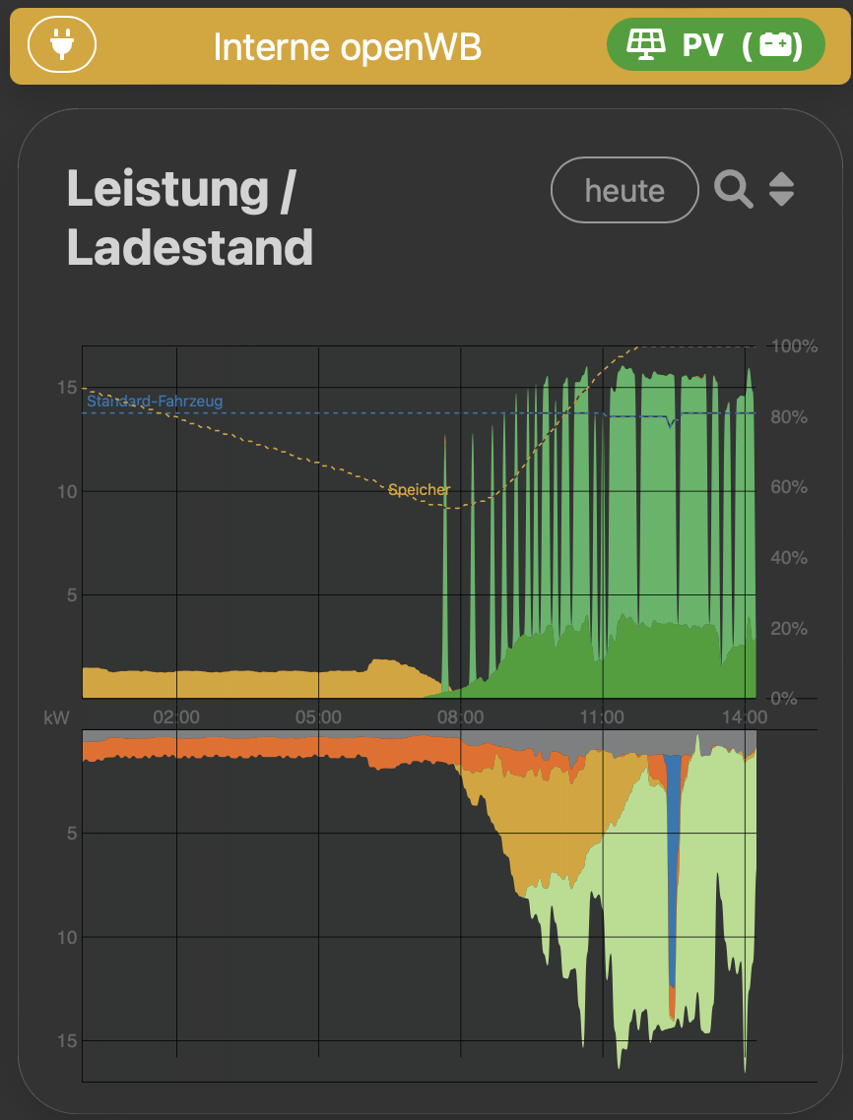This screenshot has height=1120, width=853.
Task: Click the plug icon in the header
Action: click(x=62, y=44)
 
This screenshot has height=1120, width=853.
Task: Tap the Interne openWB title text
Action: click(x=347, y=46)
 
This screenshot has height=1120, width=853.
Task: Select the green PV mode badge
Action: click(x=715, y=44)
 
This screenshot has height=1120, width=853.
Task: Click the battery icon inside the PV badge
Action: click(x=775, y=44)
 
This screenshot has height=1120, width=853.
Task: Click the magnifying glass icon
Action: click(x=733, y=189)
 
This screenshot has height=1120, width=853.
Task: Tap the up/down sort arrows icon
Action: click(x=781, y=189)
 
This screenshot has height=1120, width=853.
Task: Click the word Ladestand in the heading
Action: click(x=190, y=248)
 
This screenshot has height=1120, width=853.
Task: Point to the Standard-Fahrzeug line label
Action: click(x=155, y=402)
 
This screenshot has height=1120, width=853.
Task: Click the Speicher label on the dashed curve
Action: click(x=420, y=489)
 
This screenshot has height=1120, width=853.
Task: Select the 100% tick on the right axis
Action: click(x=794, y=346)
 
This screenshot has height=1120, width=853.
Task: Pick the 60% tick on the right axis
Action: click(x=788, y=487)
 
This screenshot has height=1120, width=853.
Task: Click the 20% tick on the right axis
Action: click(x=788, y=628)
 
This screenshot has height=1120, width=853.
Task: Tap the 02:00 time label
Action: click(x=177, y=717)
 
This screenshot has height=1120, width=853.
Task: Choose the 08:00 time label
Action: click(x=461, y=717)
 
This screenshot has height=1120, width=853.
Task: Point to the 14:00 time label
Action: click(x=745, y=717)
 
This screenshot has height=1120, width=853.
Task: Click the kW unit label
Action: click(x=57, y=717)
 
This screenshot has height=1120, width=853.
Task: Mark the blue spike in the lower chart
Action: click(x=673, y=866)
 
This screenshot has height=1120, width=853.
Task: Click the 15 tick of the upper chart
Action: click(x=67, y=388)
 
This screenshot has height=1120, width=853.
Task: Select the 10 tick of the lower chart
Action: click(x=67, y=937)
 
